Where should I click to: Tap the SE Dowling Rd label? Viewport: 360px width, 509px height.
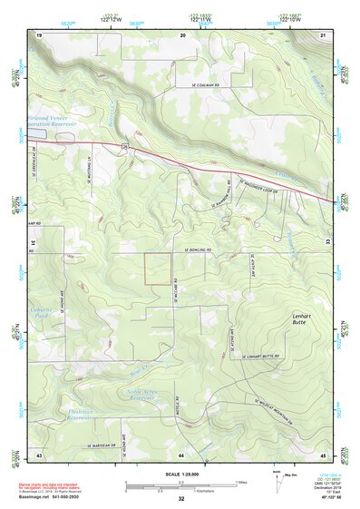point(198,248)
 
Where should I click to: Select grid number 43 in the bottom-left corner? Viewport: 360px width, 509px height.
point(39,453)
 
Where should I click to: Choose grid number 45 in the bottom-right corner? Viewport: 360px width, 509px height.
point(324,453)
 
